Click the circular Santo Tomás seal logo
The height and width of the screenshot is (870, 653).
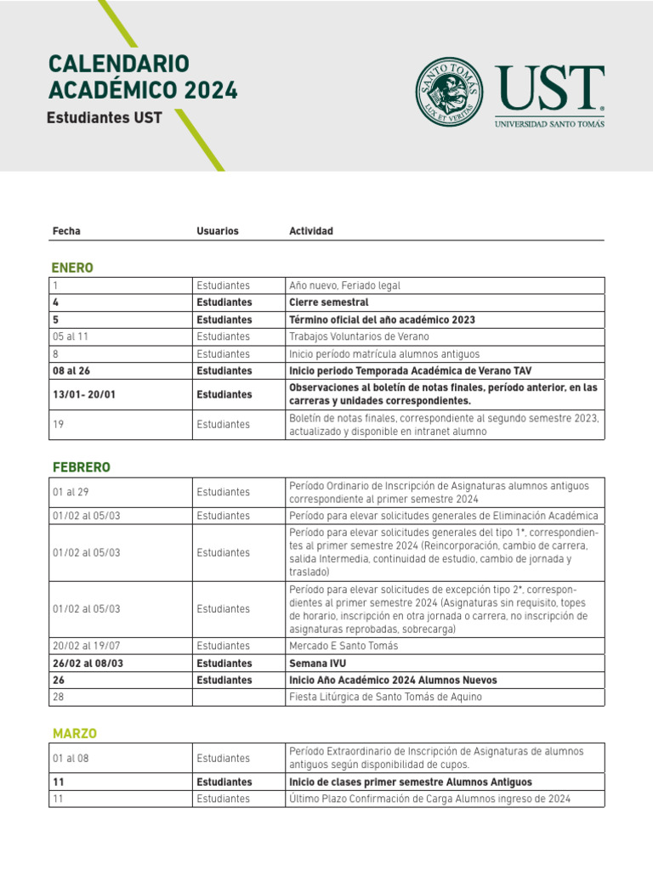(x=449, y=92)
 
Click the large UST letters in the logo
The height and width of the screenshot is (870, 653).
(x=550, y=89)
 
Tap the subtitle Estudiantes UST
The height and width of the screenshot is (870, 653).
(x=105, y=118)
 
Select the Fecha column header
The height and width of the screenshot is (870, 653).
(x=66, y=231)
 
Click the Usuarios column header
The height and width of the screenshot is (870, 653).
(x=218, y=231)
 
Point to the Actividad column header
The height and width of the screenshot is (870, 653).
(x=311, y=231)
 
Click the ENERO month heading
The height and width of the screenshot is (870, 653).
(x=73, y=268)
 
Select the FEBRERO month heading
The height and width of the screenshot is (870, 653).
(x=82, y=467)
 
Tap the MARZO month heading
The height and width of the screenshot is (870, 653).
(x=75, y=733)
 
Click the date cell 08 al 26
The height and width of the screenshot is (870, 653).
(x=71, y=370)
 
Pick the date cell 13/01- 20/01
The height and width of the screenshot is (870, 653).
(x=83, y=394)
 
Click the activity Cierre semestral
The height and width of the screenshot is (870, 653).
(x=328, y=302)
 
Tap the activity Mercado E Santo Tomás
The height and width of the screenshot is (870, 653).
(x=344, y=646)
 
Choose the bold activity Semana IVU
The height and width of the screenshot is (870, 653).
(x=318, y=663)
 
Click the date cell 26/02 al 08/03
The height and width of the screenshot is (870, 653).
(x=88, y=663)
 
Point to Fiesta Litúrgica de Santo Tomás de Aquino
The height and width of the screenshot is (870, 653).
(x=385, y=697)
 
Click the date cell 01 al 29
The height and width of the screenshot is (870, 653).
(x=70, y=492)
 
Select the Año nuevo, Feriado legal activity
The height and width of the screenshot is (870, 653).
(x=344, y=285)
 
